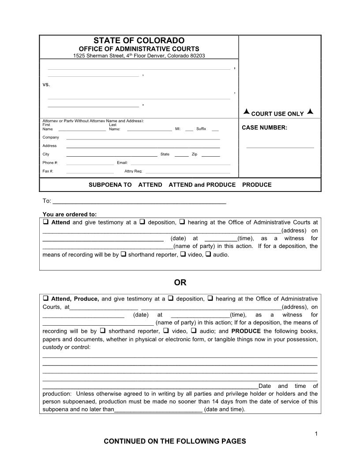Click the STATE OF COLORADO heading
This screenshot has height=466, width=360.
coord(139,41)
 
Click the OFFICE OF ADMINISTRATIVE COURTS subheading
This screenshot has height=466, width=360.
coord(139,49)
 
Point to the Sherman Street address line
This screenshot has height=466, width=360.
coord(139,56)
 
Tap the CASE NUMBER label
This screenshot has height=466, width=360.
coord(265,128)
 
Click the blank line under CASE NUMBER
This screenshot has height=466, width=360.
coord(280,147)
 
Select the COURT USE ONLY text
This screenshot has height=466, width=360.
coord(277,114)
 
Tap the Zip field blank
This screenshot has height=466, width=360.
coord(211,156)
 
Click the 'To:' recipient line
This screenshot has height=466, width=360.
coord(139,203)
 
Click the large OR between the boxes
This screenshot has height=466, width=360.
coord(180,282)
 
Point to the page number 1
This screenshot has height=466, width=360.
coord(316,434)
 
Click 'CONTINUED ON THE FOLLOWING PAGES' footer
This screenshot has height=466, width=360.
coord(175,441)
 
